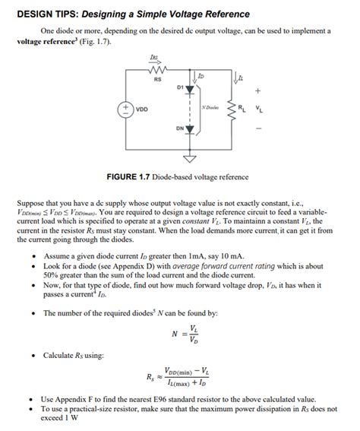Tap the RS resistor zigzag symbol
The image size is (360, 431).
click(x=157, y=71)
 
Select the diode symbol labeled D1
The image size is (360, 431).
click(x=189, y=88)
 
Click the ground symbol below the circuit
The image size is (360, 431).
click(x=189, y=159)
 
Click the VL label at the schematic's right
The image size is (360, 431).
click(x=261, y=109)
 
